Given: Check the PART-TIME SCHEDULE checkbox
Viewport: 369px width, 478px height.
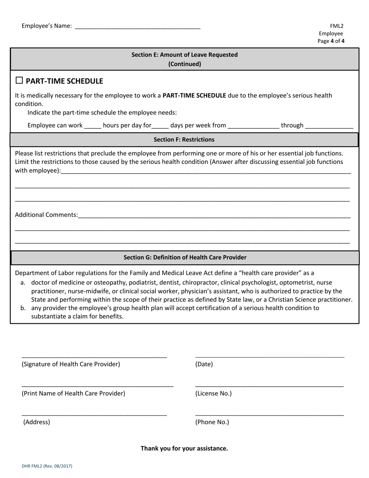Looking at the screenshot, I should pyautogui.click(x=19, y=80).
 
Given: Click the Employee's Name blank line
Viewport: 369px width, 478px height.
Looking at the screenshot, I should pyautogui.click(x=137, y=27).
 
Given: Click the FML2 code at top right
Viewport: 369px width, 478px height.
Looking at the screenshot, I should pyautogui.click(x=337, y=26).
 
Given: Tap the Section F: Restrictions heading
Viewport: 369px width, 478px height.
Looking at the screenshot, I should pyautogui.click(x=184, y=140).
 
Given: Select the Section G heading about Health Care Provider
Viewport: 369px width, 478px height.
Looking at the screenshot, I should pyautogui.click(x=185, y=257).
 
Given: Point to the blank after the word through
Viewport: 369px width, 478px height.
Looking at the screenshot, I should pyautogui.click(x=329, y=126).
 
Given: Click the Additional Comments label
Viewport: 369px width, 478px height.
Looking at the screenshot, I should pyautogui.click(x=46, y=215).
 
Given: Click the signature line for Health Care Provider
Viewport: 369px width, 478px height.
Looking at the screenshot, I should pyautogui.click(x=94, y=356).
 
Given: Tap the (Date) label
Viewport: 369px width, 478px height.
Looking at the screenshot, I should pyautogui.click(x=204, y=364).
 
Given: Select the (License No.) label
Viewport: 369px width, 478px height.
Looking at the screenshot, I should pyautogui.click(x=213, y=393).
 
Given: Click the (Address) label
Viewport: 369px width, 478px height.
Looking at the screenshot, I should pyautogui.click(x=37, y=422).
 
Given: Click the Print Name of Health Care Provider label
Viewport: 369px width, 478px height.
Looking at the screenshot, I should pyautogui.click(x=73, y=393).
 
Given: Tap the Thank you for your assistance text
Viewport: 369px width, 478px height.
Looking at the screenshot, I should pyautogui.click(x=184, y=448).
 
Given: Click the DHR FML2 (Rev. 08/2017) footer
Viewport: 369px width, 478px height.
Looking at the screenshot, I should pyautogui.click(x=47, y=466).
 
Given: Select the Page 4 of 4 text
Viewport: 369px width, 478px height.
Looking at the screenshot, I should pyautogui.click(x=331, y=41).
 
